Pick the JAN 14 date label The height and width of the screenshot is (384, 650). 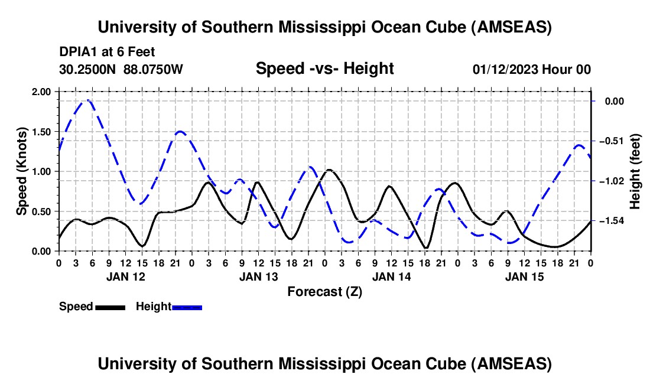[391, 276]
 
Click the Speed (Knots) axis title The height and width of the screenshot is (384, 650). [22, 171]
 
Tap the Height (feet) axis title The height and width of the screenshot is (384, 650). [635, 171]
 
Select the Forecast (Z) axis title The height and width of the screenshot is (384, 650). [324, 291]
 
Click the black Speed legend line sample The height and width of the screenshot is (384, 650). [109, 307]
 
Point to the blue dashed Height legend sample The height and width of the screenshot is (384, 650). [187, 307]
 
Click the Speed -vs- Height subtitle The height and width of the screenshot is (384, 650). [324, 69]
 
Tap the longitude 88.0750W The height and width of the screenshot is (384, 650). [154, 70]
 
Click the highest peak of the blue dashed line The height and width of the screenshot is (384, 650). [87, 100]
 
